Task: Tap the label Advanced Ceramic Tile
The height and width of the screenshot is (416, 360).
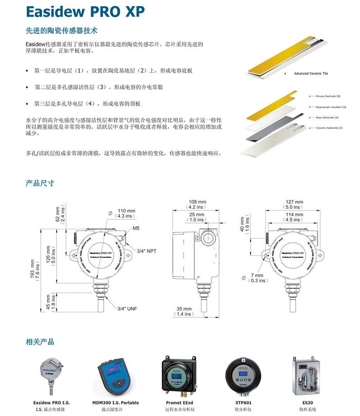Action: coord(311,74)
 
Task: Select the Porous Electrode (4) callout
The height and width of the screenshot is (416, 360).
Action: coord(327,96)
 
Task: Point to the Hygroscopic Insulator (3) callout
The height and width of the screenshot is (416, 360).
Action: coord(331,107)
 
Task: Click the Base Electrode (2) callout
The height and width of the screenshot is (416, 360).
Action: coord(327,117)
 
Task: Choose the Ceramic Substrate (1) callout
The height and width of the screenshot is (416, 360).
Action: coord(329,128)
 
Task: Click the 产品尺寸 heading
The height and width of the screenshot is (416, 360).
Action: coord(40,183)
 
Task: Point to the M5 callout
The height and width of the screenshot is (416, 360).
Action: coord(136,229)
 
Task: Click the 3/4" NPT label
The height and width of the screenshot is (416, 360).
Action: coord(146,251)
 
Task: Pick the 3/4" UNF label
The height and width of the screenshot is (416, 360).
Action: coord(127,309)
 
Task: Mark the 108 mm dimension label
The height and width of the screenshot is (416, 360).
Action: coord(197,204)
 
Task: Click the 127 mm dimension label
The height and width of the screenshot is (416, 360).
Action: coord(294,204)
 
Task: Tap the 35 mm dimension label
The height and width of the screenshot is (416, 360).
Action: coord(184,311)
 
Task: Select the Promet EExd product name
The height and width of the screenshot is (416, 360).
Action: coord(179,403)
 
